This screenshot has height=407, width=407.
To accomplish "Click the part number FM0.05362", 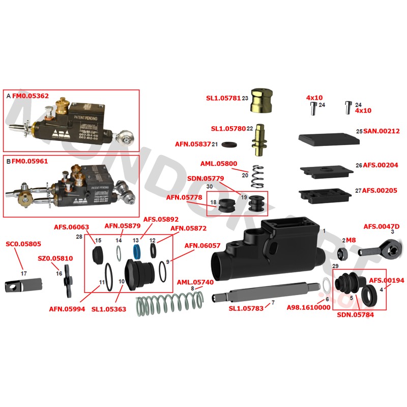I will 30,95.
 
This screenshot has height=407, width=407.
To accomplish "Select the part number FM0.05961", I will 30,161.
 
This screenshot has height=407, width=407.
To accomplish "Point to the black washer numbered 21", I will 229,144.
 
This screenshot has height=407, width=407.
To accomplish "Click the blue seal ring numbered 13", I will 136,251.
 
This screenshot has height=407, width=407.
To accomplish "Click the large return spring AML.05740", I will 169,305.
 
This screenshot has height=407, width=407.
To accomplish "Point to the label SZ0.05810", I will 55,258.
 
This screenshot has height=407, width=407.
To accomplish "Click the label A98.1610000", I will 309,307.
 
